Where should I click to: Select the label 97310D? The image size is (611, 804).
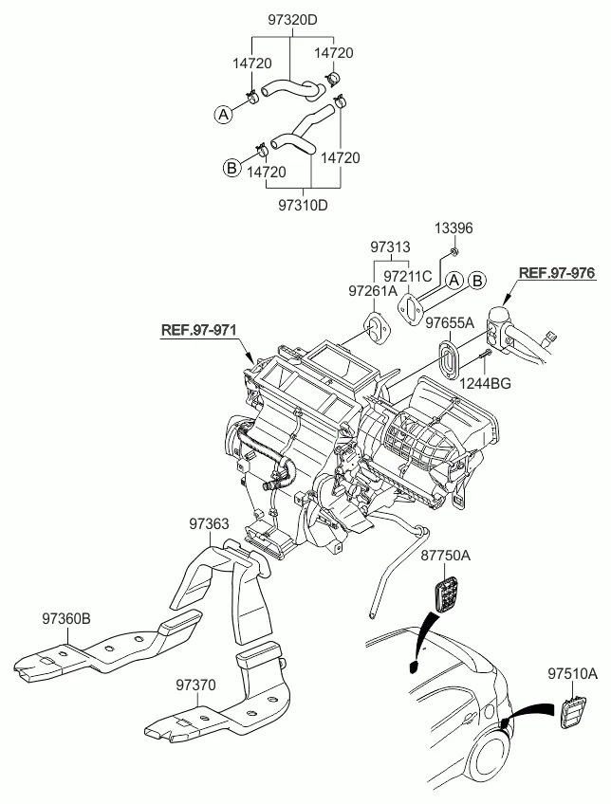303,205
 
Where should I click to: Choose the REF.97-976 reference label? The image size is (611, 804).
556,273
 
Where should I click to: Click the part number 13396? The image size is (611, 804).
454,229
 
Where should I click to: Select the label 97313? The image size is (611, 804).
390,247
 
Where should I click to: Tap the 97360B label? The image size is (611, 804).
65,618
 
